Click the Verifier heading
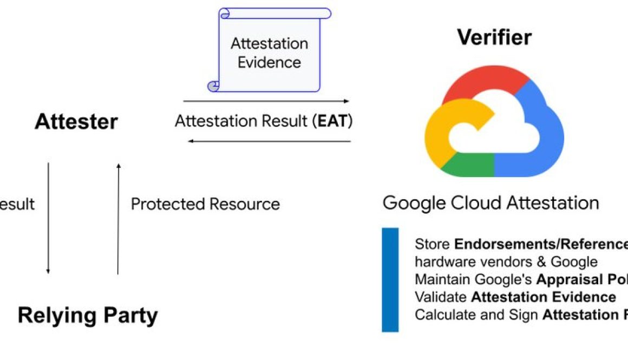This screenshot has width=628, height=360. coord(494,37)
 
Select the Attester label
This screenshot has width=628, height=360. coord(76,122)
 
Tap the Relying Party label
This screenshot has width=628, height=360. coord(88,315)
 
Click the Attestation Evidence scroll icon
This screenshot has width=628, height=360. coord(269,50)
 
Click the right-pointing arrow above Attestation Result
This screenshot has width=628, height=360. coord(266,101)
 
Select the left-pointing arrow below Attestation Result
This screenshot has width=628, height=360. coord(269,141)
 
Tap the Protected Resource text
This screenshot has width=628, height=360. coord(205,204)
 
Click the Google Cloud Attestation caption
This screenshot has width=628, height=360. coord(490,203)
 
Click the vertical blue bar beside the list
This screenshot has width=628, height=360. coord(390,279)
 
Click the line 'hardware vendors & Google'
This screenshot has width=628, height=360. coord(506,262)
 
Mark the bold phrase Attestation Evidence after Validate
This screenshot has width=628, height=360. coord(543,297)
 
